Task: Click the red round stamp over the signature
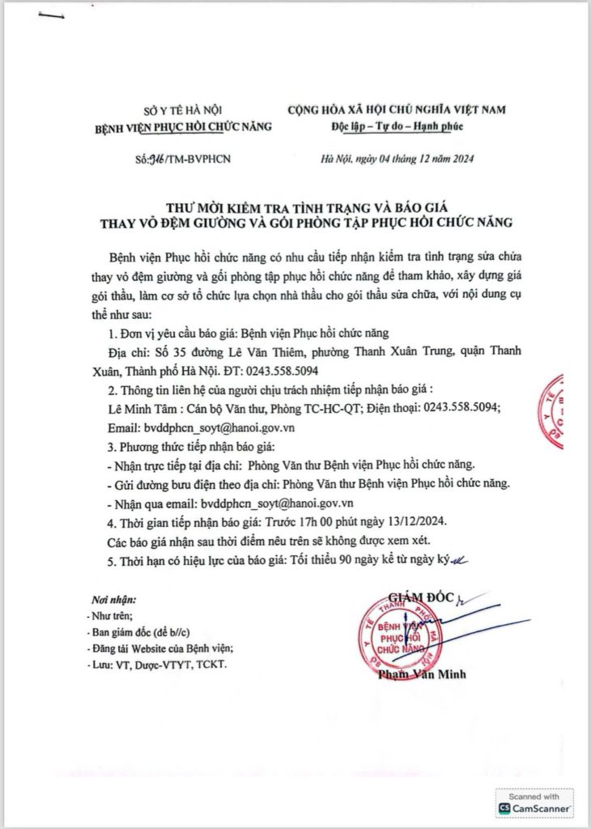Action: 406,632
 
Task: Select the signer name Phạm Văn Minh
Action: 427,674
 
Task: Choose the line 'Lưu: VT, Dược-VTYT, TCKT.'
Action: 159,665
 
